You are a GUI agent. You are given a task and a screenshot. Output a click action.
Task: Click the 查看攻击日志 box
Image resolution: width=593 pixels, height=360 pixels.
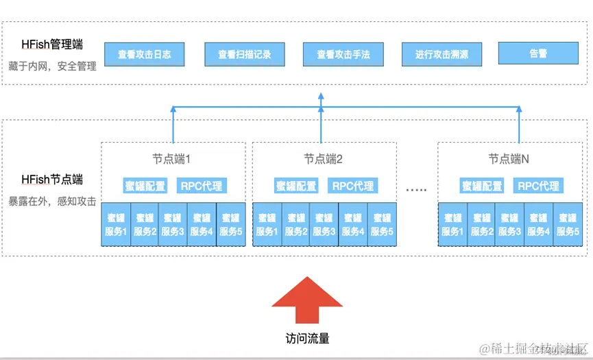pos(145,54)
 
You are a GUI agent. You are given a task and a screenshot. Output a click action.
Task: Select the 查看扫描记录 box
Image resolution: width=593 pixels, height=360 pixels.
pos(245,54)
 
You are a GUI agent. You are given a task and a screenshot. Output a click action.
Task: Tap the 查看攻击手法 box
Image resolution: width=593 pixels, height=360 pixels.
pos(343,54)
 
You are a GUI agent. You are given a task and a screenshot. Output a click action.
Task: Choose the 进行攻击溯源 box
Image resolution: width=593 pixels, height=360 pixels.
pos(441,54)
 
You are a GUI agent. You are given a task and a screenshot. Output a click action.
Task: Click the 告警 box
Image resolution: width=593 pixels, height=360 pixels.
pos(538,53)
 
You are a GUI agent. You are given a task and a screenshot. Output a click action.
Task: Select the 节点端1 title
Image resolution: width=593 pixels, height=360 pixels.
pos(171,159)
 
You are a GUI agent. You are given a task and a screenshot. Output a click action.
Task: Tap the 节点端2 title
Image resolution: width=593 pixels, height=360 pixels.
pos(323,159)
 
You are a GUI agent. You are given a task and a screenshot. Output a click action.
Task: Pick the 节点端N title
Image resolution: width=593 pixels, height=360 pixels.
pos(509,159)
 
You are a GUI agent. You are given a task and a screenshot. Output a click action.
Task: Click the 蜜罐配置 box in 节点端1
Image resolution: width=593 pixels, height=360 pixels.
pos(145,186)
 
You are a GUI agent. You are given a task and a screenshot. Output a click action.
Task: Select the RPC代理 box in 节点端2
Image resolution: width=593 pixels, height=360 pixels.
pos(352,186)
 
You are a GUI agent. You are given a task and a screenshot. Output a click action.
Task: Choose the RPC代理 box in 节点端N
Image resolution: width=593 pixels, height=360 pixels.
pos(538,186)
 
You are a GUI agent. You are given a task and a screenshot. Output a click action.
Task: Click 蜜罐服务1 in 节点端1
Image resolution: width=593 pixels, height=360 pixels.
pos(116,225)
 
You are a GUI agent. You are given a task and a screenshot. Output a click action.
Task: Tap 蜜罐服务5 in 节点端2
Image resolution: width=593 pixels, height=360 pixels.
pos(381,225)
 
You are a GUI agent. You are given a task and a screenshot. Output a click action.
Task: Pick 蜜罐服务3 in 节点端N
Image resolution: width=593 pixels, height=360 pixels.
pos(509,225)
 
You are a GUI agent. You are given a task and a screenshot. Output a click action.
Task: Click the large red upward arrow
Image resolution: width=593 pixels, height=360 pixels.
pos(307,301)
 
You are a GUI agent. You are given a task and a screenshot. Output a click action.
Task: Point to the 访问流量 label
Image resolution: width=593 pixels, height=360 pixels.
pos(307,339)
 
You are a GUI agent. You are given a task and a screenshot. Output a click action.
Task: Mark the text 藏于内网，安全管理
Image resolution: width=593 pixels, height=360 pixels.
pos(52,67)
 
